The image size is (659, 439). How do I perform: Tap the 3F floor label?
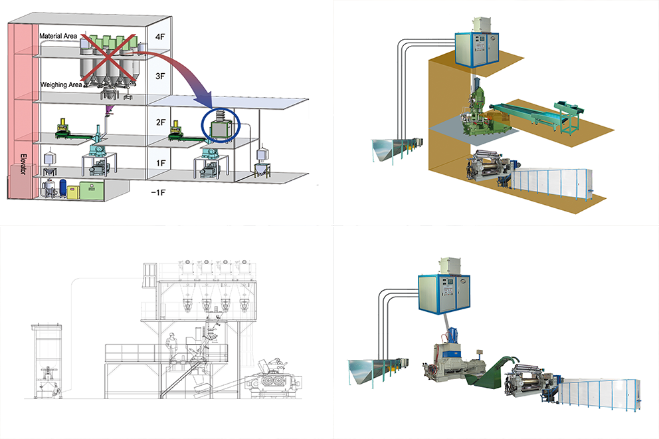coord(159,77)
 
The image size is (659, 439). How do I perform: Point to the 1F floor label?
coord(159,162)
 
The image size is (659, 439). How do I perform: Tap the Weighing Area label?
coord(61,84)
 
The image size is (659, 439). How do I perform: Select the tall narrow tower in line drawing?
coord(46,359)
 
